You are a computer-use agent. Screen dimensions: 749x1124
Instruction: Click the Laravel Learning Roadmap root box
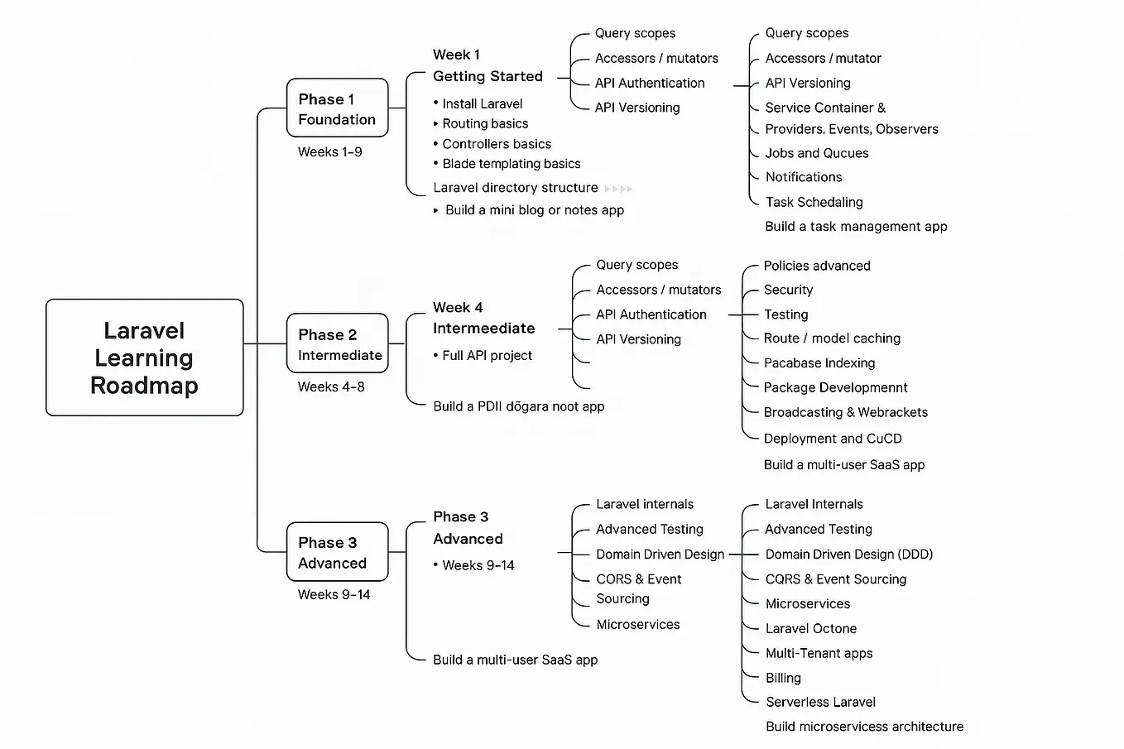pos(144,358)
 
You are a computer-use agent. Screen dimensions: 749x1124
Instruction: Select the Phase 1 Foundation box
pos(337,108)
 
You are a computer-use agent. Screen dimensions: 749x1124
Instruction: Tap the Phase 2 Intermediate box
pos(337,344)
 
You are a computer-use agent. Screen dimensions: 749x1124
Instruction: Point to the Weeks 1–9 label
pos(329,151)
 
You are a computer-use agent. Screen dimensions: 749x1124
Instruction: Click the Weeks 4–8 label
pos(331,387)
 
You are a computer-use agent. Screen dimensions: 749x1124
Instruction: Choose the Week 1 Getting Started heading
pos(488,65)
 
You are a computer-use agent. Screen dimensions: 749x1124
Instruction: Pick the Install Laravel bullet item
pos(482,103)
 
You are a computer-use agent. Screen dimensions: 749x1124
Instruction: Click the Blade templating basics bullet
pos(511,164)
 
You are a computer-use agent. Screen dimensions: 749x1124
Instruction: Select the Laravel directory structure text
pos(515,188)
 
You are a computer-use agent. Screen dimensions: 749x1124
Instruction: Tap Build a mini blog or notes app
pos(534,210)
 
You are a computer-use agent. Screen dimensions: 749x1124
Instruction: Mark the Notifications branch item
pos(803,177)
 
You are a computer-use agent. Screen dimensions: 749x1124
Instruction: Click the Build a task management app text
pos(856,227)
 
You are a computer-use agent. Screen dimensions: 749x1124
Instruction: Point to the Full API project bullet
pos(487,356)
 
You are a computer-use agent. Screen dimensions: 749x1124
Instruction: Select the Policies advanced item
pos(816,266)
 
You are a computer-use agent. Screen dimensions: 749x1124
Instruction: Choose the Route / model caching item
pos(832,338)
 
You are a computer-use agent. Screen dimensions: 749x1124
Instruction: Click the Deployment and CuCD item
pos(832,439)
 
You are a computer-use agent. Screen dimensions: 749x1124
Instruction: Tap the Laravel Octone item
pos(810,629)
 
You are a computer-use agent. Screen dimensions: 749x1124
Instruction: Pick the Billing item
pos(783,678)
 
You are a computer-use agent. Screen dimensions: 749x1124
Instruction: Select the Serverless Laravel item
pos(820,703)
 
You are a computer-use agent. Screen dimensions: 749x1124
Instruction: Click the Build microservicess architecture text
pos(864,727)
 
